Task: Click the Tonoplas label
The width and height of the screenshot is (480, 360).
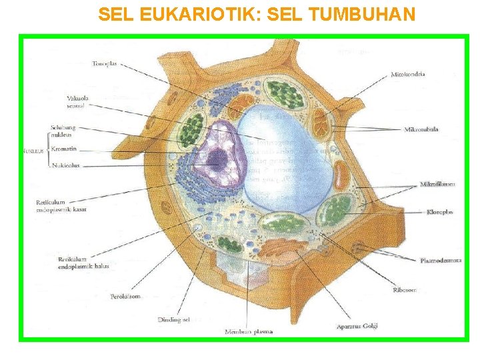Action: [105, 64]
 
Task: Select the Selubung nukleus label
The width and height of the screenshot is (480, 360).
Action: [63, 131]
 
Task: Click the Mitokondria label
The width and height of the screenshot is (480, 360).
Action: [408, 74]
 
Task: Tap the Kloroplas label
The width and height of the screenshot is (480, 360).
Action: [439, 212]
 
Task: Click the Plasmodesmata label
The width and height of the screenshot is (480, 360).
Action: [441, 260]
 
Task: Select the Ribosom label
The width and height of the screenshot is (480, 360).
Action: [405, 290]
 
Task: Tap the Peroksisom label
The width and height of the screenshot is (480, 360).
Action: [125, 297]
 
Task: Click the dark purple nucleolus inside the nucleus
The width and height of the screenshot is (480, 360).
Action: [217, 159]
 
